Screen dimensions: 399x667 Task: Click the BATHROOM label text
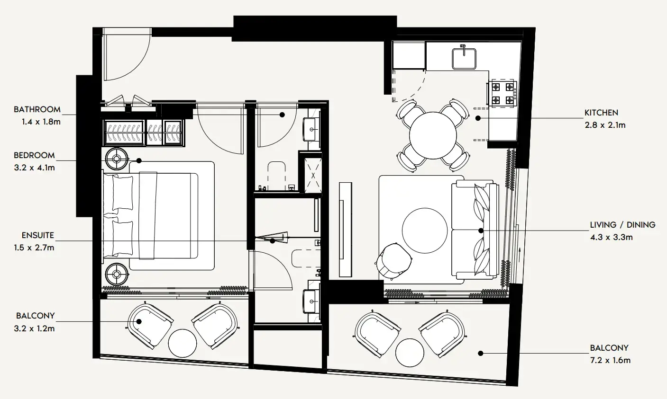(37, 109)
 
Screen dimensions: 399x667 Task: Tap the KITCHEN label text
(601, 113)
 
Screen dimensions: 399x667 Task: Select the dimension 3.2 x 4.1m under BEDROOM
(37, 167)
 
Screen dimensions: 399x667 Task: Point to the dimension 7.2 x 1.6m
(610, 360)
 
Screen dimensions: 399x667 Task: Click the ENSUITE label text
(38, 235)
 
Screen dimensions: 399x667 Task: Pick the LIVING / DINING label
(622, 225)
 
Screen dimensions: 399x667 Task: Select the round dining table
(433, 134)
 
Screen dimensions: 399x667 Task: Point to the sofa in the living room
(474, 230)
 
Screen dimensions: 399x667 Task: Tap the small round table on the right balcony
(410, 353)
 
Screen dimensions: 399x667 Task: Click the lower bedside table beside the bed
(117, 274)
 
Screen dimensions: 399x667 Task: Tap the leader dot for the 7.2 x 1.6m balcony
(481, 353)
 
